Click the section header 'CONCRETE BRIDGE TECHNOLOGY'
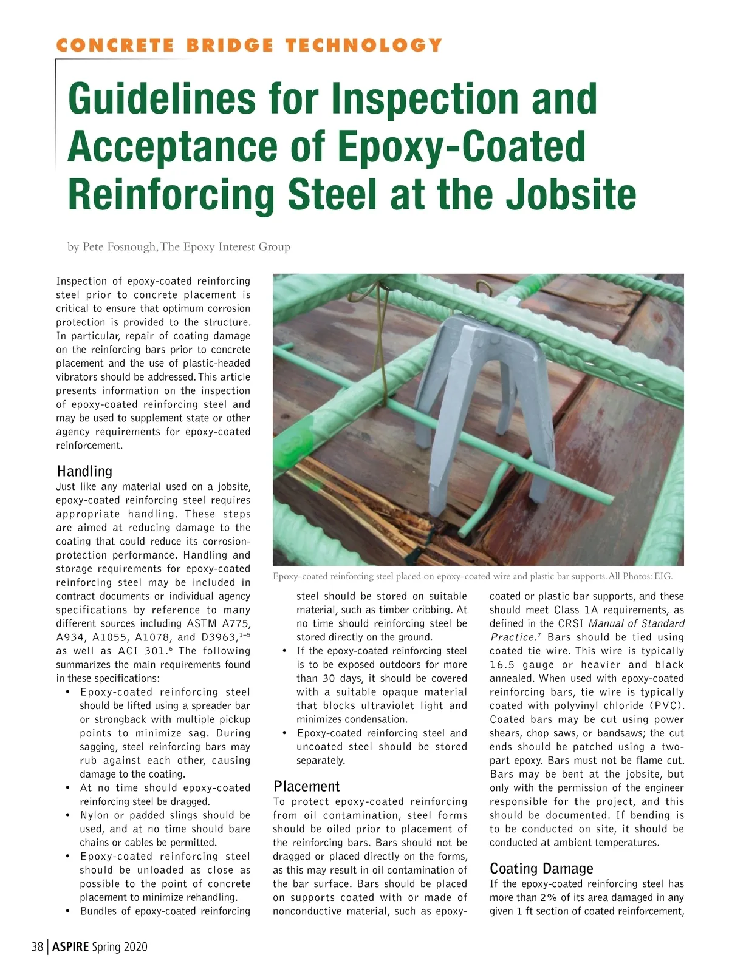tap(249, 45)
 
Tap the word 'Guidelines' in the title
tap(165, 98)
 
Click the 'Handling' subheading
tap(84, 471)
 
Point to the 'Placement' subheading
tap(306, 786)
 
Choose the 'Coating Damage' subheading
tap(541, 868)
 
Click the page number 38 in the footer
tap(37, 946)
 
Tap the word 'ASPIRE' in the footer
tap(70, 946)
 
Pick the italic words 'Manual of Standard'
tap(637, 623)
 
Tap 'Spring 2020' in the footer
tap(120, 946)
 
